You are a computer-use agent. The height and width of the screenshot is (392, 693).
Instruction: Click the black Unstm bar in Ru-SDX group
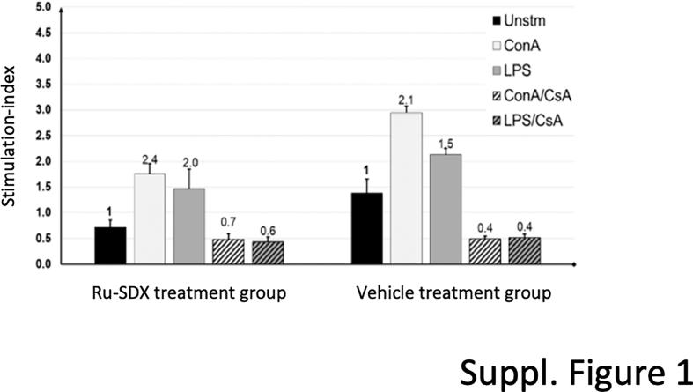point(110,245)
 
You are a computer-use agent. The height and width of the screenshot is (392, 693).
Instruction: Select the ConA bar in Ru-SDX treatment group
point(150,218)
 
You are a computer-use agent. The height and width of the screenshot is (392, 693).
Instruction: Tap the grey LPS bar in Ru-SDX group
point(188,226)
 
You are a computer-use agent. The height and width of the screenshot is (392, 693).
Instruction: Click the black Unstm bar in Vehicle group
point(367,228)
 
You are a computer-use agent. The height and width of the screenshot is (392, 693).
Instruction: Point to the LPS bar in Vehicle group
point(446,209)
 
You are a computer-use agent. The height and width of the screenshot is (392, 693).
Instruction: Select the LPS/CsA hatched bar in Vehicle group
point(523,250)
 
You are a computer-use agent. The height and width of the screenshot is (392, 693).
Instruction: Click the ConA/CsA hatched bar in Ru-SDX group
point(228,251)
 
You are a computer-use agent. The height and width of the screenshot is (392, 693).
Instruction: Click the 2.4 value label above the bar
point(150,159)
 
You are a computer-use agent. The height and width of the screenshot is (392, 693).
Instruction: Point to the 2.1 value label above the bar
point(406,100)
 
